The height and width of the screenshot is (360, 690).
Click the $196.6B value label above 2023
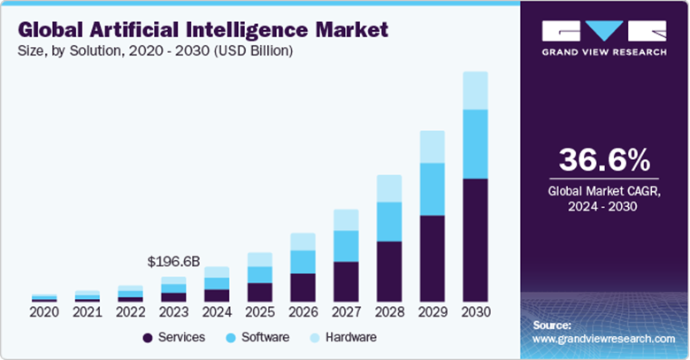coord(173,262)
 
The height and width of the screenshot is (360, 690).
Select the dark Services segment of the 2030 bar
coord(475,240)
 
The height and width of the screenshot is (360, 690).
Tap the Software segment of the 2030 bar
coord(475,143)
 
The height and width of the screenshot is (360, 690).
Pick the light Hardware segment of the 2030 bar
coord(475,90)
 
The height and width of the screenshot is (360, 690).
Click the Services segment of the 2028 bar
coord(388,271)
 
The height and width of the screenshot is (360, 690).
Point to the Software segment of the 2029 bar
coord(432,188)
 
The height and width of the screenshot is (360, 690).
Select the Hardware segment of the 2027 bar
coord(346,219)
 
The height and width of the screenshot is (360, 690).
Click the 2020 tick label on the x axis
coord(43,311)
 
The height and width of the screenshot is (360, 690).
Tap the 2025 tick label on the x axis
coord(259,311)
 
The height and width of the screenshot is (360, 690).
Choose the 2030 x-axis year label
coord(475,311)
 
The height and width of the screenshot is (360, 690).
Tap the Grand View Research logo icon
coord(604,30)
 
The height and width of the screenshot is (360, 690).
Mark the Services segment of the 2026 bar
coord(303,287)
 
